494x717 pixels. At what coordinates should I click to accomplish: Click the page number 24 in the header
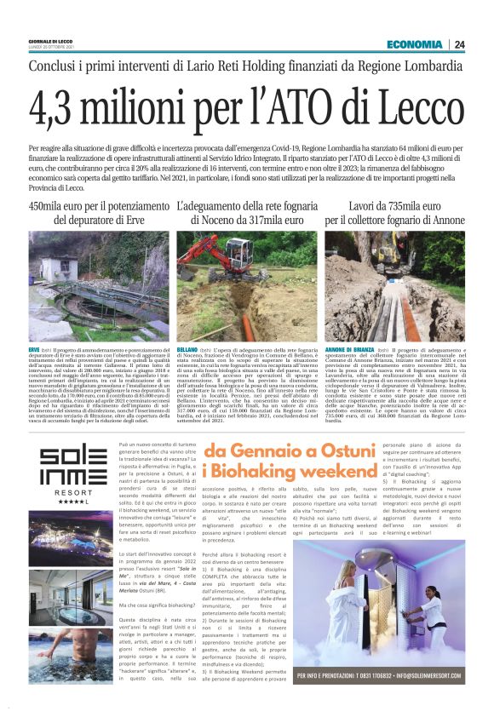(459, 44)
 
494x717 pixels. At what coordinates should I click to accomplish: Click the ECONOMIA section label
(414, 44)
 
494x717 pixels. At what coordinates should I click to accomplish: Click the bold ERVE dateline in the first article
(34, 350)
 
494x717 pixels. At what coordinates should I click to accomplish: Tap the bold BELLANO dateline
(187, 350)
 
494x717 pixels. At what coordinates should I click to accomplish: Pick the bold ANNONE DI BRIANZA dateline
(351, 350)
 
